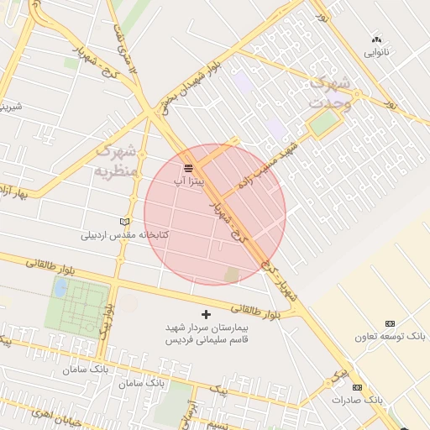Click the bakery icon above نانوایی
coord(376,39)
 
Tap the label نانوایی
coord(376,52)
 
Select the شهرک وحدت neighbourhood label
coord(330,92)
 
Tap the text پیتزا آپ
coord(188,181)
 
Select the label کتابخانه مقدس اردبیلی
coord(124,234)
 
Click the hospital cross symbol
coord(207,313)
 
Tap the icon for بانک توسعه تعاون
coord(390,323)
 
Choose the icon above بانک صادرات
coord(357,387)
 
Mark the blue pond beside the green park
coord(60,288)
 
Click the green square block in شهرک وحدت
coord(321,123)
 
